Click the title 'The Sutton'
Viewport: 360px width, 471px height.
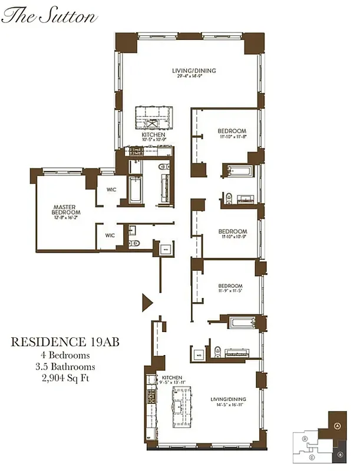click(49, 16)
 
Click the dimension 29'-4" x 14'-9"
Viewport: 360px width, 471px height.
click(194, 77)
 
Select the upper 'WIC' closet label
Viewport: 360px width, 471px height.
click(110, 190)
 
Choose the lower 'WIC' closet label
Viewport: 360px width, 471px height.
click(110, 235)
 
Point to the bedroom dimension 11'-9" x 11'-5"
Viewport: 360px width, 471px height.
click(232, 290)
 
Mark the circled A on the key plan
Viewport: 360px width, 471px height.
click(337, 426)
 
